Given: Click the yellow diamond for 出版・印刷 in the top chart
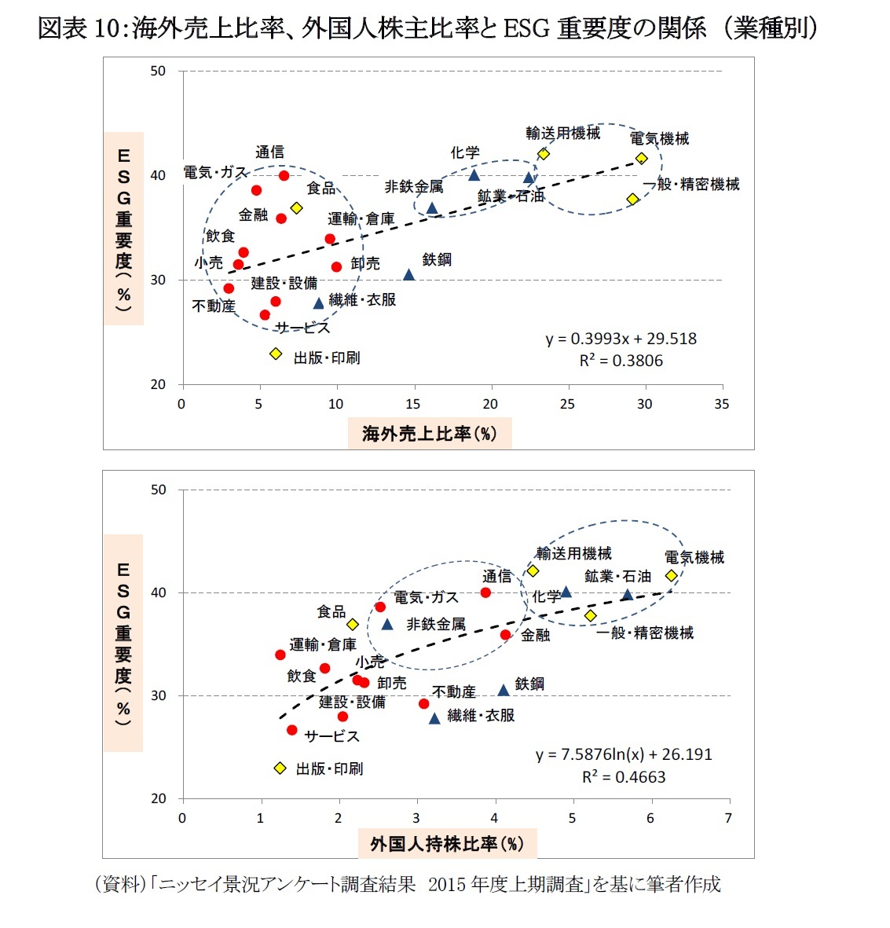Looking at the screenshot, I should (x=276, y=354).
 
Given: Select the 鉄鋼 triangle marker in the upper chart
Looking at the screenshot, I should (x=408, y=274).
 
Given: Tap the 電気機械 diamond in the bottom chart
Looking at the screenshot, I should (x=672, y=575).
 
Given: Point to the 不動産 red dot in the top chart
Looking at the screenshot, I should (x=229, y=288).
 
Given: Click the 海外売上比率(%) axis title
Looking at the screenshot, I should (x=429, y=434).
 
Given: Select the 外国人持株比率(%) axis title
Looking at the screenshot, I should (x=446, y=845).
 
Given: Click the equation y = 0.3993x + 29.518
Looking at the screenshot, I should (x=621, y=339).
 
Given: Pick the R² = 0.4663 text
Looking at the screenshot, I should (x=623, y=777).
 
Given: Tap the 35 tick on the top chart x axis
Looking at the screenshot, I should (x=721, y=404).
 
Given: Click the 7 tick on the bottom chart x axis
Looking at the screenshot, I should (x=728, y=818).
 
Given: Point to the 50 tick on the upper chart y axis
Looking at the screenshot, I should (x=158, y=72).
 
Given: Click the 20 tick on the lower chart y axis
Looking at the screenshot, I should (x=158, y=798).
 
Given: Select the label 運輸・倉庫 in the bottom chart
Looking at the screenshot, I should (x=322, y=645).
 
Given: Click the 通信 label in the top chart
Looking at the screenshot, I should (x=269, y=152).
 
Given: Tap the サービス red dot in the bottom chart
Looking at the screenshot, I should (x=292, y=730).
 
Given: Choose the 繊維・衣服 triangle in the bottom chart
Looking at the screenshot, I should (x=434, y=718).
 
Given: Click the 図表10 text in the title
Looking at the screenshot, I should (x=79, y=29).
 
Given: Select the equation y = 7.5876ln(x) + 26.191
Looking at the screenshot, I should (x=624, y=754).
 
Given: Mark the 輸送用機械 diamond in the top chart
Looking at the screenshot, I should (x=543, y=154).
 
